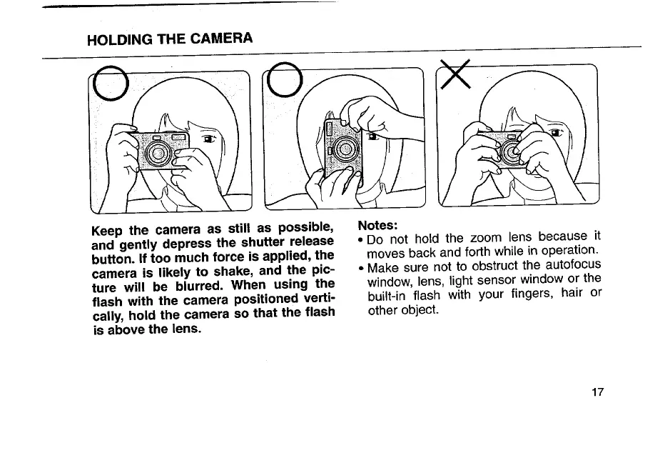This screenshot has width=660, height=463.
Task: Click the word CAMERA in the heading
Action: [x=221, y=38]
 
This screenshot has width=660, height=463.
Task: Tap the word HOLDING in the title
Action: [x=120, y=39]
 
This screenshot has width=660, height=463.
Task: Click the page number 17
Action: [x=597, y=392]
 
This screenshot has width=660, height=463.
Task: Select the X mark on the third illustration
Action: [x=455, y=74]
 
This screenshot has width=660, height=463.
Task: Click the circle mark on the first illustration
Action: [x=93, y=83]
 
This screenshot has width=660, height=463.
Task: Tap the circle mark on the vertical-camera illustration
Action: [x=268, y=80]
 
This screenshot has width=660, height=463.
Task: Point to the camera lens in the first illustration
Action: [x=158, y=152]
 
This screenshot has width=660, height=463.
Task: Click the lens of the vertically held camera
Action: [x=345, y=149]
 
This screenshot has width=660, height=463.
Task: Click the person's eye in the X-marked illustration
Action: [x=557, y=133]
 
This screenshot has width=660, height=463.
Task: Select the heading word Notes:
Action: [x=377, y=225]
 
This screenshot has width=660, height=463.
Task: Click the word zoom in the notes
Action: [x=486, y=238]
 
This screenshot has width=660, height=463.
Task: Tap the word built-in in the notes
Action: [x=387, y=296]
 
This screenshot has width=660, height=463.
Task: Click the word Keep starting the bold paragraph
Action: [x=107, y=231]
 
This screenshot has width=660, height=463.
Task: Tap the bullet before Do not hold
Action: [x=361, y=240]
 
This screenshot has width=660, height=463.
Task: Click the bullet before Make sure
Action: [x=361, y=268]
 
